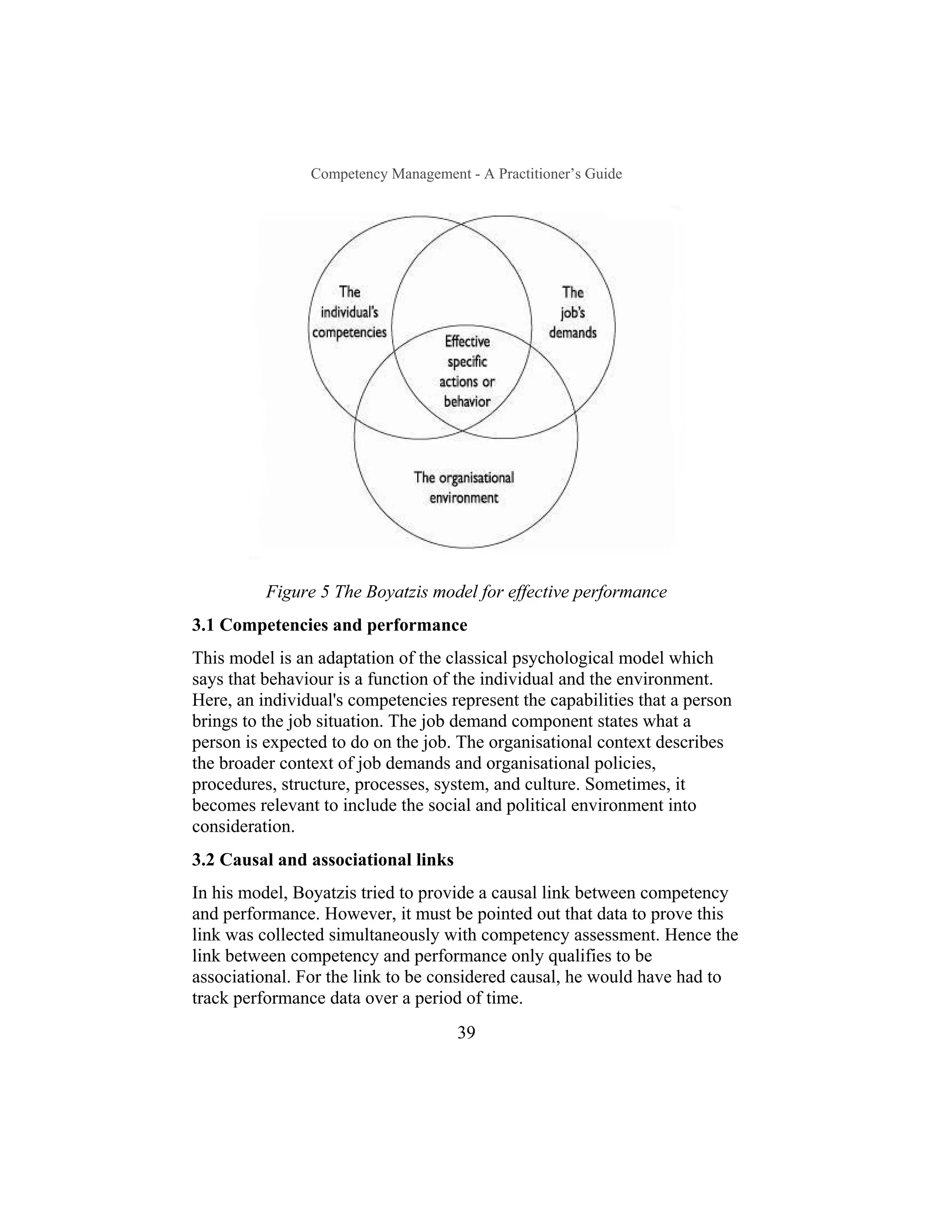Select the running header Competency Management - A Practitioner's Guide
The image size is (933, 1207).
click(466, 174)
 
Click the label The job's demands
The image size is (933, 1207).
click(573, 312)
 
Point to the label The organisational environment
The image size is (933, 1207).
click(464, 487)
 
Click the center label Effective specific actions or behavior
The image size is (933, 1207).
click(467, 371)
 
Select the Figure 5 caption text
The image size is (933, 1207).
click(466, 592)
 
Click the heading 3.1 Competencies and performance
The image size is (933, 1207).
click(329, 625)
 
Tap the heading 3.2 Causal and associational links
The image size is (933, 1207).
click(323, 860)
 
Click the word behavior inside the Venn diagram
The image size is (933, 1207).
click(467, 402)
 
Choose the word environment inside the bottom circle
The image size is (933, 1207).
click(464, 498)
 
